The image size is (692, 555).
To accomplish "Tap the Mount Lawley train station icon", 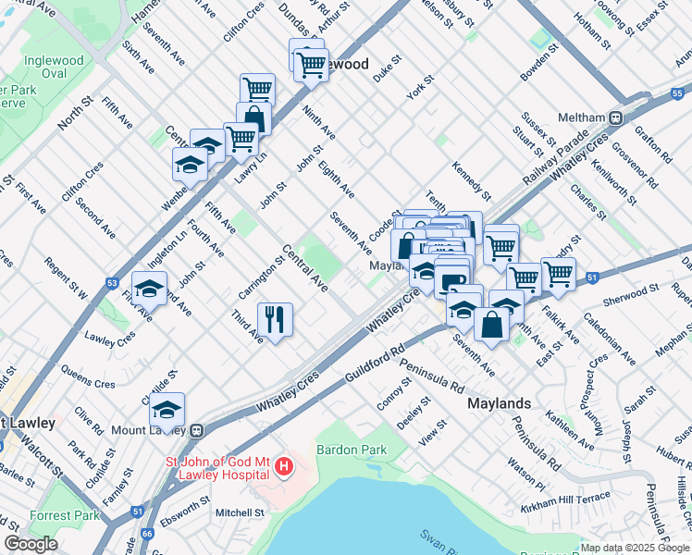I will [197, 430].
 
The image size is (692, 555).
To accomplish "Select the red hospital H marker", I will [284, 469].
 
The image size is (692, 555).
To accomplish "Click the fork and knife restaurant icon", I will [275, 319].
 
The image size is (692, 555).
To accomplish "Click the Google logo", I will [31, 544].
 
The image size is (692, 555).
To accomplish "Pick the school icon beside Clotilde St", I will [167, 409].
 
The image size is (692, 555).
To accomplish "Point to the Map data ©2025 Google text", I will [635, 548].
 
